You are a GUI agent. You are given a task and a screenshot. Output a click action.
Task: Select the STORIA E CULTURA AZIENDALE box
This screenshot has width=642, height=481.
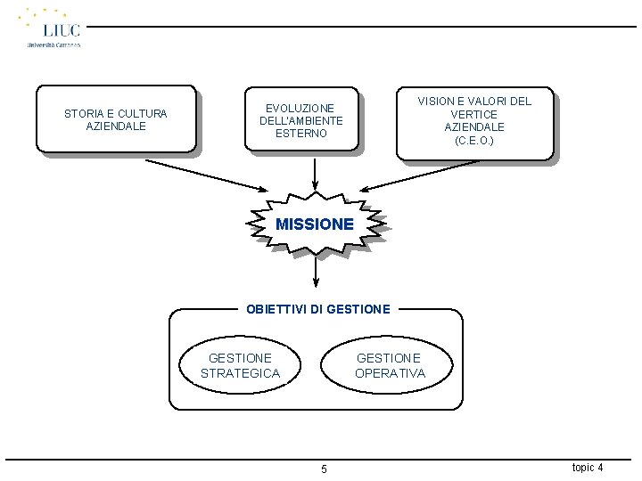point(116,120)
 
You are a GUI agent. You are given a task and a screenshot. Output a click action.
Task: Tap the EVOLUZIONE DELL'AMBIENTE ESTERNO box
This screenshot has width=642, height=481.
point(301,121)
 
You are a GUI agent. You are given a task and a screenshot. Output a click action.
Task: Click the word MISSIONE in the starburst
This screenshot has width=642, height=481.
point(315,224)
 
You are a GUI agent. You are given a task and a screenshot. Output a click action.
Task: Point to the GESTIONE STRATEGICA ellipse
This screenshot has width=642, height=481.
point(241,366)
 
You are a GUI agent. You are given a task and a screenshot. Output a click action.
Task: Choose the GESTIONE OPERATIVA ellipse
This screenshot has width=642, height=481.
point(390,366)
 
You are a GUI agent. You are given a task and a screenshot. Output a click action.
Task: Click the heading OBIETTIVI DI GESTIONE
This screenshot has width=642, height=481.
point(317,309)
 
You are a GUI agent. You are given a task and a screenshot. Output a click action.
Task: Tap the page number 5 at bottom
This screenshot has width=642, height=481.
point(324,469)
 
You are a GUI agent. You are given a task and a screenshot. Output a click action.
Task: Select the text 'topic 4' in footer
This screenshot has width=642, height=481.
point(587,468)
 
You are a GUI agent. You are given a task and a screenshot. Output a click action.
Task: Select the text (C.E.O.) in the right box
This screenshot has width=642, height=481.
point(474,141)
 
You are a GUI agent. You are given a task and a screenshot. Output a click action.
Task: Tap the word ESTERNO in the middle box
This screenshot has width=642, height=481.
point(301,134)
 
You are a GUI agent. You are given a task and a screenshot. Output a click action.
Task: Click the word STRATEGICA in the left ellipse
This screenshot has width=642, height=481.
point(241,373)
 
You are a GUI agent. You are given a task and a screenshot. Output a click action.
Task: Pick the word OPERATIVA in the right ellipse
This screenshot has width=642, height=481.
point(390,373)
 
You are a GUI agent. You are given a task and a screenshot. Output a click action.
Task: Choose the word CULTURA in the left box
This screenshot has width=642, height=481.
point(143,114)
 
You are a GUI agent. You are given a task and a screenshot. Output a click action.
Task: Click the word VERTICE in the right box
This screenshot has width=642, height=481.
point(474,114)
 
